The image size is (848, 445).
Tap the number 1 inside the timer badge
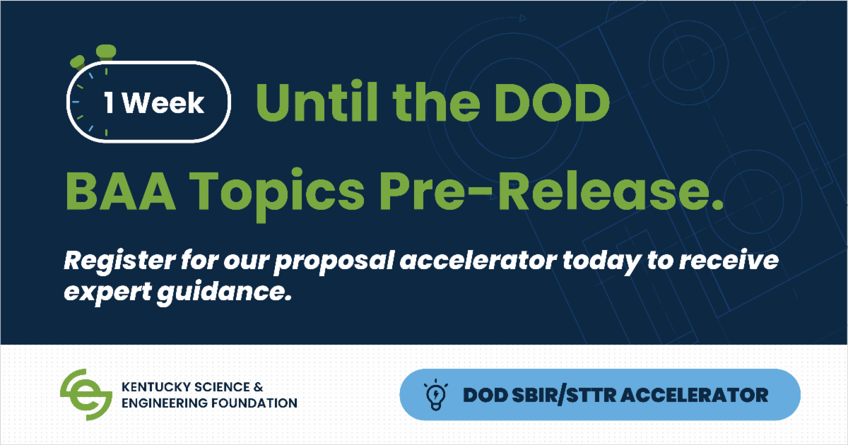pos(111,104)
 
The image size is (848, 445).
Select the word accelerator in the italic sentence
pos(466,262)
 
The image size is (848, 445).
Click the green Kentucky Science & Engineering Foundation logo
pos(86,394)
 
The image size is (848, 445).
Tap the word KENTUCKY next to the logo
pos(153,387)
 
